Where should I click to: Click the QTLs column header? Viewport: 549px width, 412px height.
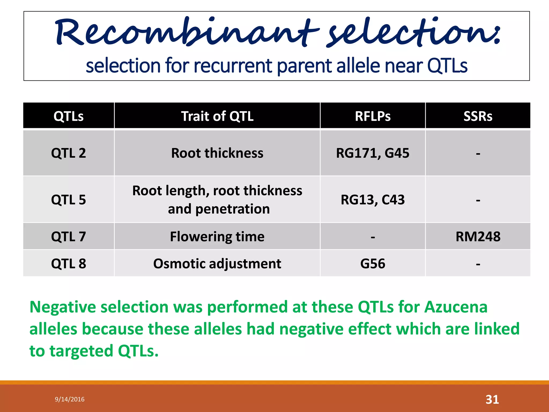[x=69, y=116]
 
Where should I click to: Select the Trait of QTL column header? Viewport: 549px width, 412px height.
[x=217, y=116]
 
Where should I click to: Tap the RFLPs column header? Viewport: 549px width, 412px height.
[x=373, y=116]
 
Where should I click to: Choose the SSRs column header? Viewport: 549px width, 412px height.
[x=478, y=116]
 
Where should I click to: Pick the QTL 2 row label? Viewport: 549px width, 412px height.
[x=69, y=153]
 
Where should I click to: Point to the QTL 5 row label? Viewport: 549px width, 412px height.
[x=69, y=200]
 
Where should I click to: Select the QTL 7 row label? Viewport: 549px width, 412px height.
[x=69, y=237]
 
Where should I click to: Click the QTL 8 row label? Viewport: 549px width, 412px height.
[x=69, y=264]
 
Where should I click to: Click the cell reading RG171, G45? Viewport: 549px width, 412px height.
[x=373, y=153]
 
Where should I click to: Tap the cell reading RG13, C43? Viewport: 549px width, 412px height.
[x=373, y=200]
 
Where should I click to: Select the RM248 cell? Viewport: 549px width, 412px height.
[x=478, y=237]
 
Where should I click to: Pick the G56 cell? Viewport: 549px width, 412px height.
[x=373, y=264]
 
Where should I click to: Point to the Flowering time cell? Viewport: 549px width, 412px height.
[x=217, y=237]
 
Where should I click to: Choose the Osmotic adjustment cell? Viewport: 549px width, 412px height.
[x=217, y=264]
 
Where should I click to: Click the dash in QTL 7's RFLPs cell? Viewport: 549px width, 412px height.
[x=373, y=237]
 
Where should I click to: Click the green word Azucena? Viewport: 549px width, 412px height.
[x=456, y=307]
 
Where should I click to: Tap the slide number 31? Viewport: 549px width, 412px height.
[x=492, y=399]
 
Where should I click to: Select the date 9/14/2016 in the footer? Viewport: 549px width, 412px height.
[x=70, y=399]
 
